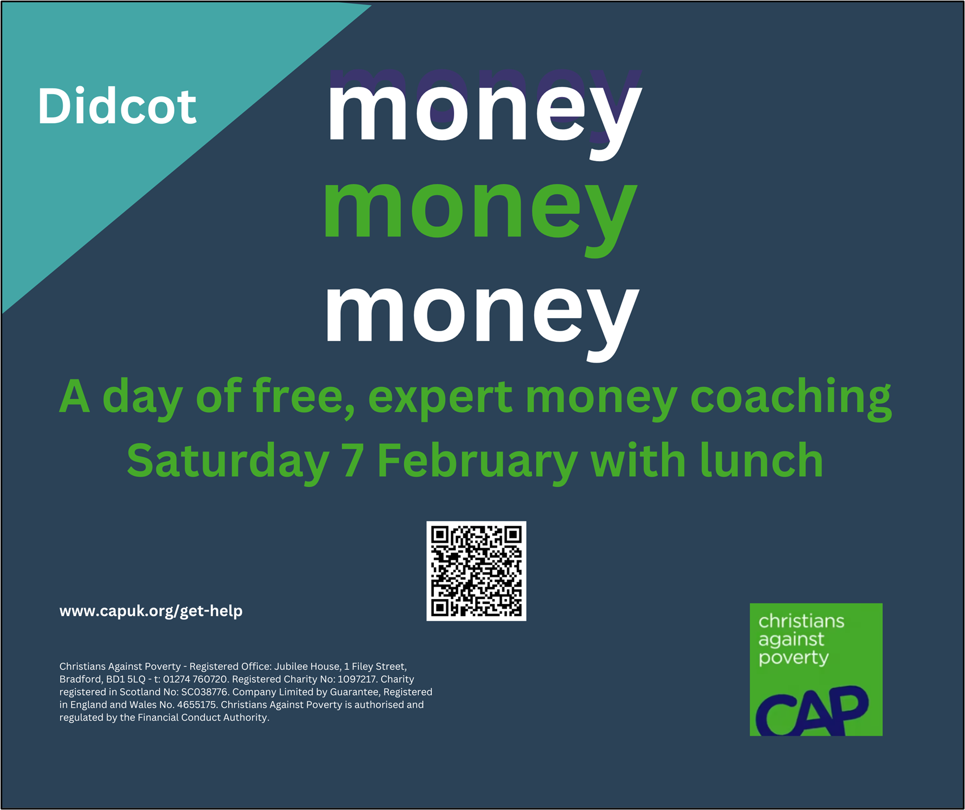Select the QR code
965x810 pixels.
(476, 571)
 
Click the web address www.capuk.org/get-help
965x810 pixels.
(151, 611)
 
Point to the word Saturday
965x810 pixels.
(228, 461)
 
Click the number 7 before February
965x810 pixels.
(353, 461)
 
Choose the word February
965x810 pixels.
(477, 461)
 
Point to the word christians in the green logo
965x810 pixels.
(801, 621)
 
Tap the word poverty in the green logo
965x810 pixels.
(794, 658)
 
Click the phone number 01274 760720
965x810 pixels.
(195, 679)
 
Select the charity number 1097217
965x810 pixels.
(357, 679)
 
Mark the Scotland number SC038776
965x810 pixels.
(204, 692)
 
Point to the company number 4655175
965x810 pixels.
(196, 704)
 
